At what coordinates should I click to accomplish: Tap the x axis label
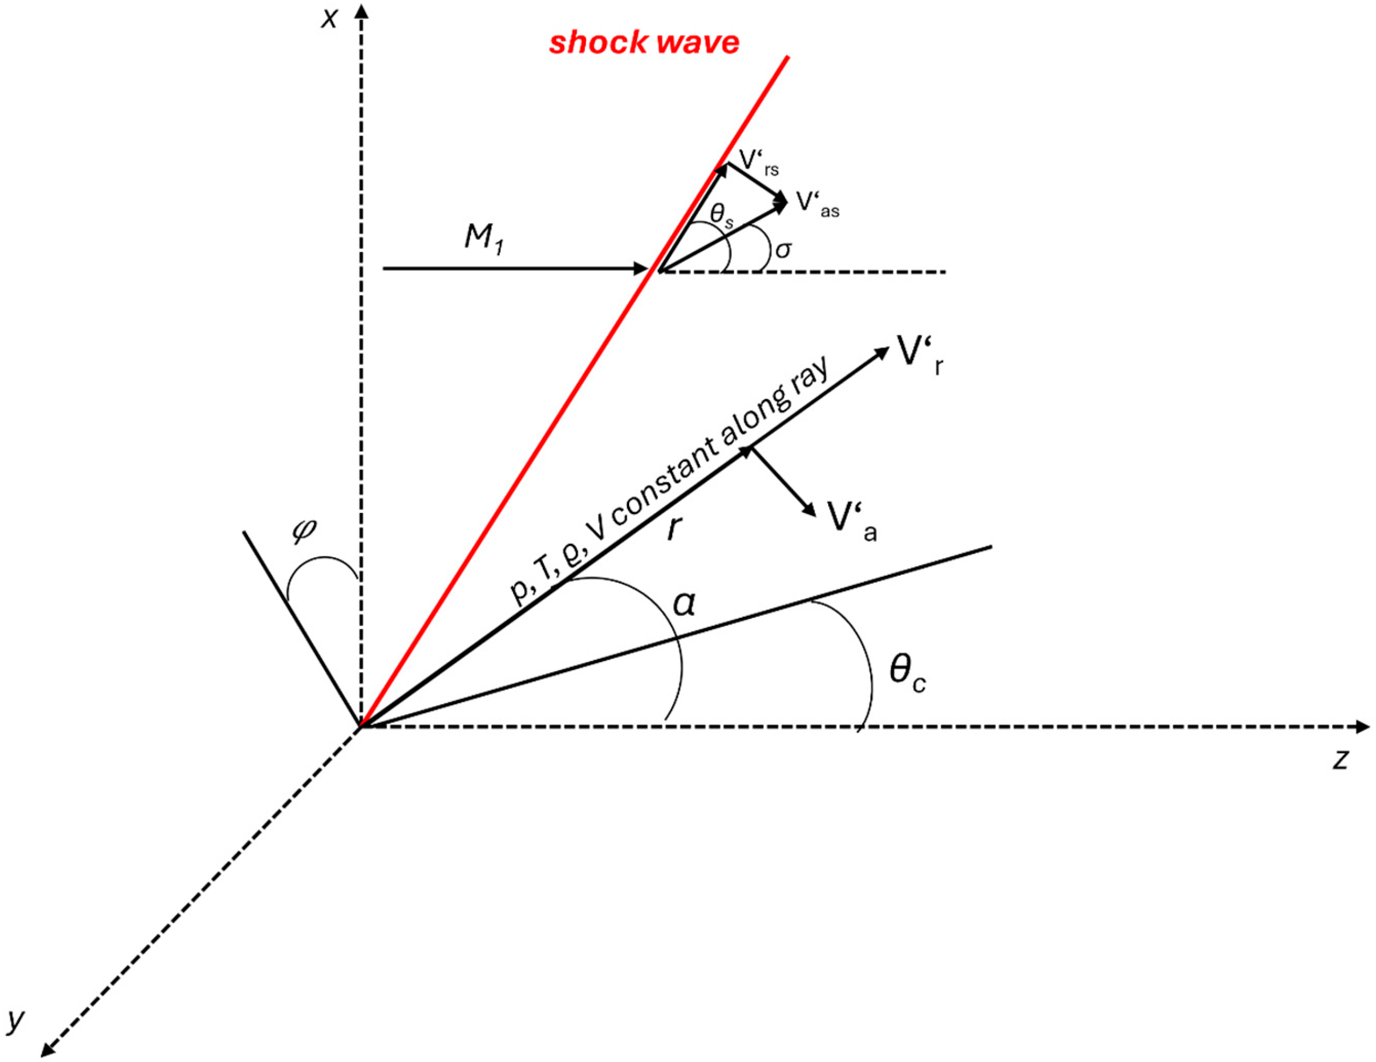(330, 20)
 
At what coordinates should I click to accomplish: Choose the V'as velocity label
(817, 204)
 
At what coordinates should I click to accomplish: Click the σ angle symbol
(783, 250)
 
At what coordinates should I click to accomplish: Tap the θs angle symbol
(721, 216)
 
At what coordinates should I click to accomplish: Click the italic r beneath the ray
(675, 528)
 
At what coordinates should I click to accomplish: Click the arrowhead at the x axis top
(362, 10)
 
